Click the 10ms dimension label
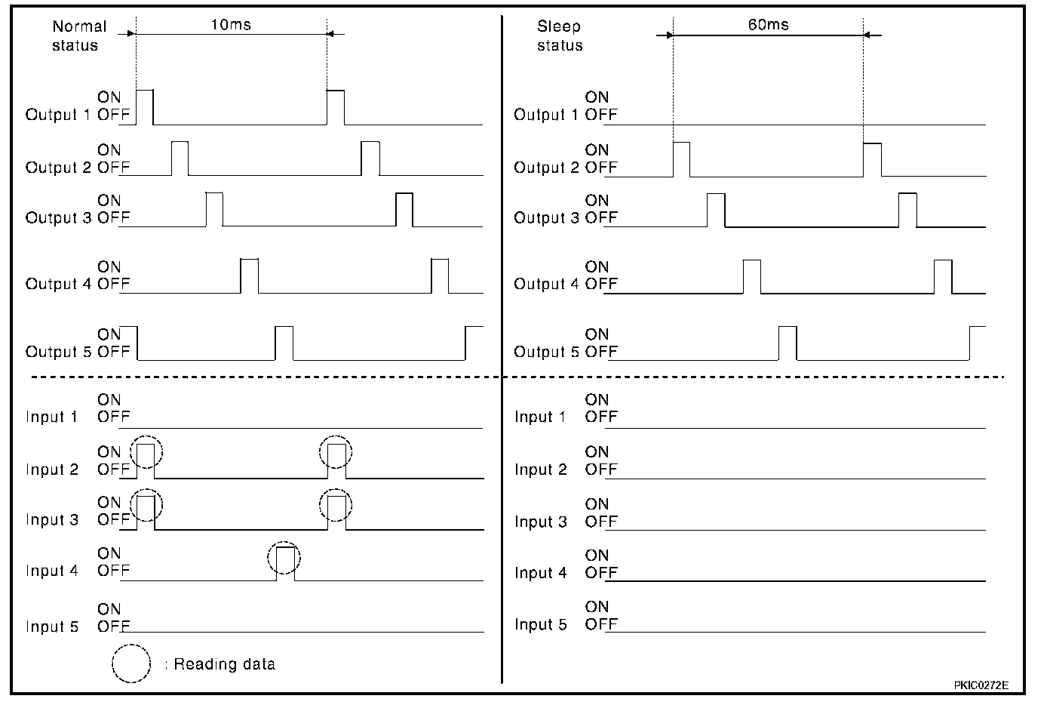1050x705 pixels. [x=230, y=25]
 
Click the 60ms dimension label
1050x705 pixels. [x=768, y=25]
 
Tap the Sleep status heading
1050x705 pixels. [x=559, y=35]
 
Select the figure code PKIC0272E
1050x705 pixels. [x=980, y=685]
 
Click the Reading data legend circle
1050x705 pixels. [x=131, y=663]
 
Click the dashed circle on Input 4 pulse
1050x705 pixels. [x=284, y=559]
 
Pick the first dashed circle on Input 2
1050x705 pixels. [x=146, y=452]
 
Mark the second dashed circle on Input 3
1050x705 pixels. [x=336, y=505]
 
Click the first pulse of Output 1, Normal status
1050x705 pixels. [x=145, y=106]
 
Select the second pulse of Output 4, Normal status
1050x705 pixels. [x=439, y=276]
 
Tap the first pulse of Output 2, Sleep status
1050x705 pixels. [x=681, y=159]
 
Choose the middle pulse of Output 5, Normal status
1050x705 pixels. [x=284, y=343]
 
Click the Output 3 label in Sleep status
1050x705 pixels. [x=545, y=218]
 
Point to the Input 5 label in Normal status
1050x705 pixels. [x=51, y=626]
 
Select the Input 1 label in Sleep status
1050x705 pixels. [x=539, y=417]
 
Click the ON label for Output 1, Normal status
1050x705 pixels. [x=109, y=97]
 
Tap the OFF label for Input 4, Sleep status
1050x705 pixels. [x=600, y=572]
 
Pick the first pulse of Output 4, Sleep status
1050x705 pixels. [x=751, y=276]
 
